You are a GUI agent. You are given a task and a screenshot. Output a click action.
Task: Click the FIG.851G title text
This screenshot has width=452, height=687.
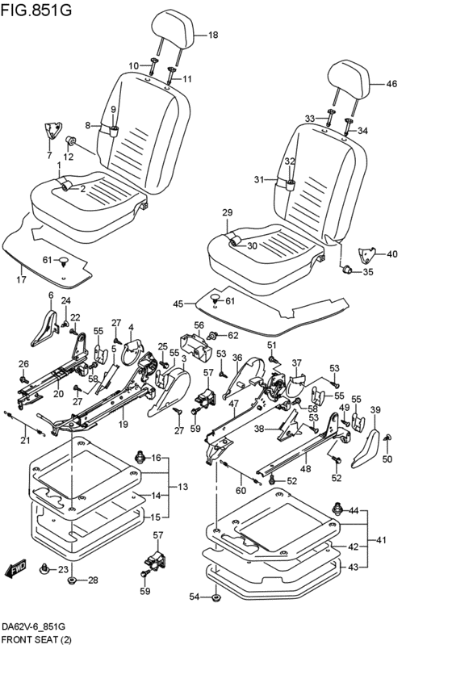pos(36,10)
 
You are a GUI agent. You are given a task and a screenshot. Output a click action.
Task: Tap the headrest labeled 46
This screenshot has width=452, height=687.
pos(349,80)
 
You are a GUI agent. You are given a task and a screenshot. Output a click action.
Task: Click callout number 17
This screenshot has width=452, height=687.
pos(22,279)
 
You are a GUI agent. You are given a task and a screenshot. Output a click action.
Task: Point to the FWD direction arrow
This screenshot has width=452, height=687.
pos(16,568)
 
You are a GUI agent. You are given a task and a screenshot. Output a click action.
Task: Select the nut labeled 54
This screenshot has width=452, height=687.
pos(216,597)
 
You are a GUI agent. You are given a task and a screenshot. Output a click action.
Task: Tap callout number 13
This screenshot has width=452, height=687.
pos(183,487)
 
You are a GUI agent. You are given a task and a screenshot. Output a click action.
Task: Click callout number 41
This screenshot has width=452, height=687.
pos(382,540)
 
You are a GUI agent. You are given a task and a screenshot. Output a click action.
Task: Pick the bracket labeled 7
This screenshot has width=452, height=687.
pos(52,131)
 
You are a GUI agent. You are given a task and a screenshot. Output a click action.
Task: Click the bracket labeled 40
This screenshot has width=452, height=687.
pos(367,255)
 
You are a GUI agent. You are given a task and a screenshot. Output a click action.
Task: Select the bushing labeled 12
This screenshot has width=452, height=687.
pos(70,140)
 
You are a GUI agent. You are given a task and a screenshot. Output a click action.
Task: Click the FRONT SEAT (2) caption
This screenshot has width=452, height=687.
pos(36,639)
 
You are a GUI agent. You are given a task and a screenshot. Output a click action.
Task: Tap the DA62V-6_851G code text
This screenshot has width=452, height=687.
pos(33,627)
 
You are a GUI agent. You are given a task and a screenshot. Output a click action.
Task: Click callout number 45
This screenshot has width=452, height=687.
pos(178,304)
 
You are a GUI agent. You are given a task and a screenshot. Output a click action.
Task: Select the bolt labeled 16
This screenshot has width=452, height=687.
pos(140,457)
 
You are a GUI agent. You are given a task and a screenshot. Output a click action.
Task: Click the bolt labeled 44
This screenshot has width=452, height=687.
pos(337,509)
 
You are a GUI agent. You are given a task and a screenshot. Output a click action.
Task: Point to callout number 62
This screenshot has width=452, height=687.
pos(233,336)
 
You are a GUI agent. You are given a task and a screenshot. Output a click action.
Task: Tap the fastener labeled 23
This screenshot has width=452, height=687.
pos(44,568)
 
